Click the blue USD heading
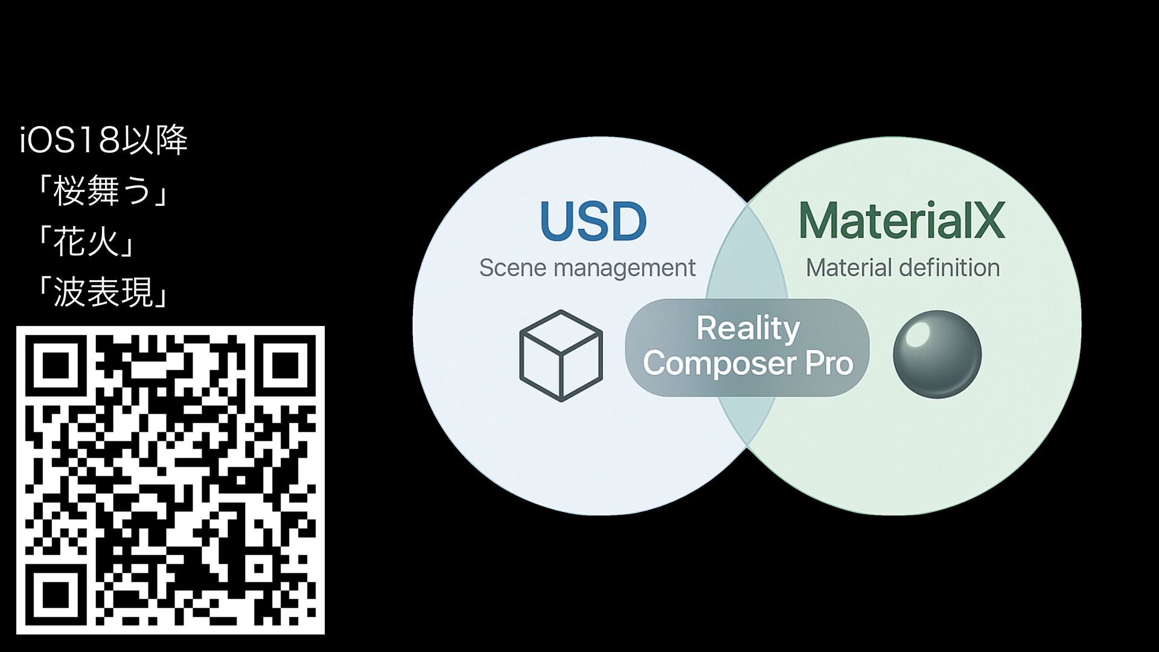tap(593, 221)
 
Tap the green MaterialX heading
tap(902, 221)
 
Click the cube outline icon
tap(561, 356)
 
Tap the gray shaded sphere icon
tap(937, 354)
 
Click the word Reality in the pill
tap(748, 329)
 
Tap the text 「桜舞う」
tap(103, 191)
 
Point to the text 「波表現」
tap(103, 293)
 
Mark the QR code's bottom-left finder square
tap(56, 595)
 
